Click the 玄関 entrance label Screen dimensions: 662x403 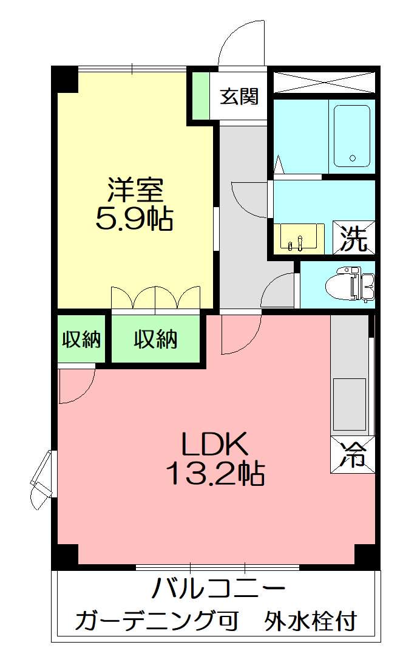(x=239, y=96)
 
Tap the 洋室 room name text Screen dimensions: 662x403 (x=135, y=190)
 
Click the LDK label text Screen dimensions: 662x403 (x=215, y=445)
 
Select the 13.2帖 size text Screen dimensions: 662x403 (x=215, y=474)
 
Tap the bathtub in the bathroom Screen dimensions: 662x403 (x=351, y=136)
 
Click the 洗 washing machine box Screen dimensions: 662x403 (x=353, y=239)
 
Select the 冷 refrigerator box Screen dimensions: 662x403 (x=353, y=454)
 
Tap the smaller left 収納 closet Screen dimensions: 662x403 (x=82, y=340)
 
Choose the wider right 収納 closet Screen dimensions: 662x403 (x=155, y=340)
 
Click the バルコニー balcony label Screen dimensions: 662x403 (x=218, y=589)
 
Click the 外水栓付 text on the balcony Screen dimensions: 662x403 (x=310, y=621)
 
